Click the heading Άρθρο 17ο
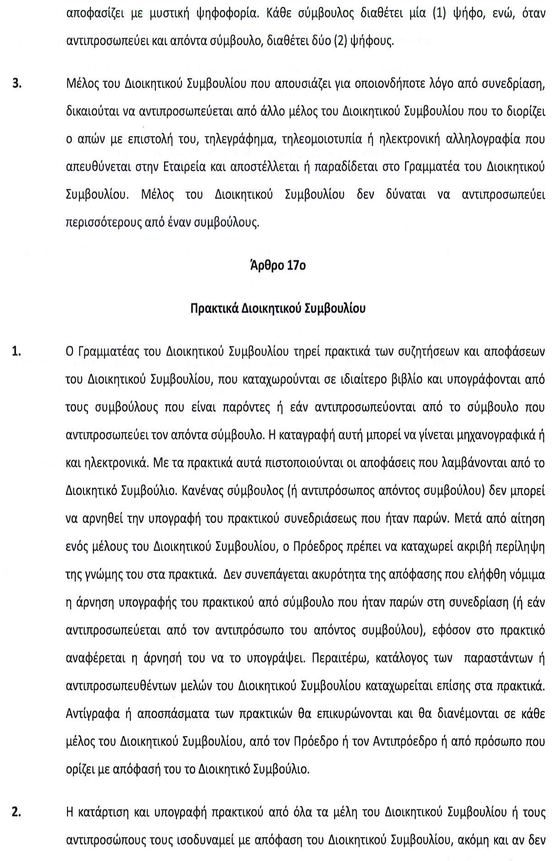click(x=278, y=266)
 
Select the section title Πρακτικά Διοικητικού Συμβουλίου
click(x=278, y=309)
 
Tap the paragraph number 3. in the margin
click(x=17, y=84)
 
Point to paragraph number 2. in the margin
click(x=17, y=812)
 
